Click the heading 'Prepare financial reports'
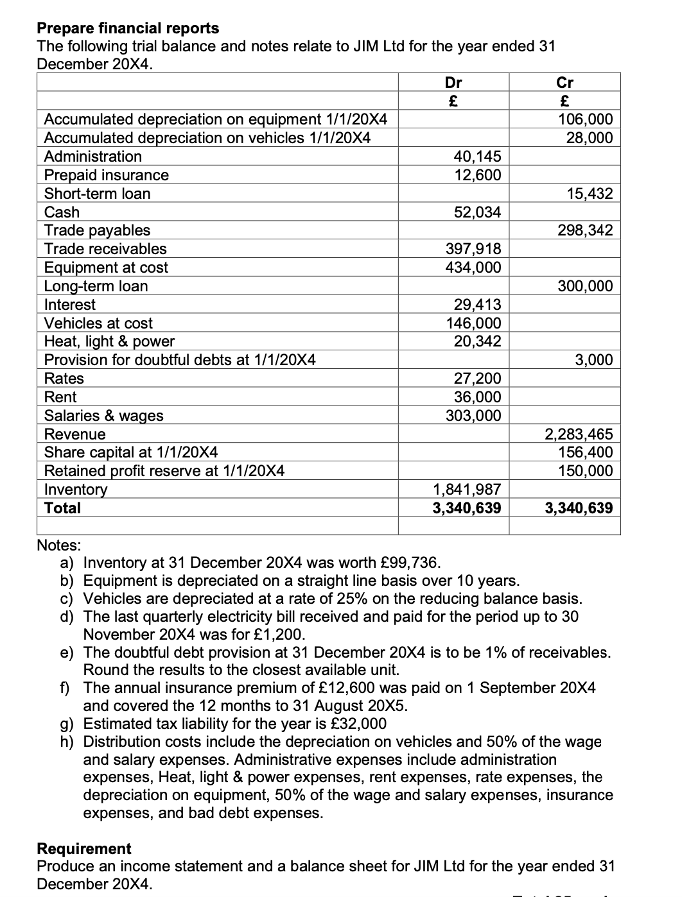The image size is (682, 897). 128,28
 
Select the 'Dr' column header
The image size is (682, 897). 453,82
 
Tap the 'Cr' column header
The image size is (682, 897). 564,82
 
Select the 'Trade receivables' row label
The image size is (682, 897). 105,249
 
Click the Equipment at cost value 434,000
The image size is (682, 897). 473,268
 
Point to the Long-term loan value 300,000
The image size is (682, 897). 585,286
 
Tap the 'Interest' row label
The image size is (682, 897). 69,305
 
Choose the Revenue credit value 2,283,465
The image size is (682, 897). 579,434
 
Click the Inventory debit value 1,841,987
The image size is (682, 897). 467,490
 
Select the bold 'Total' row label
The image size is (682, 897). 62,508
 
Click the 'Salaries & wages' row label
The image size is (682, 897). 103,416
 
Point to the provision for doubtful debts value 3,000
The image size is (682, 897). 594,360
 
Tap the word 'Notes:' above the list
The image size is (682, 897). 59,545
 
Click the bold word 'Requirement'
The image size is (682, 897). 84,848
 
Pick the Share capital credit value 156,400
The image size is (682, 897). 585,452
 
